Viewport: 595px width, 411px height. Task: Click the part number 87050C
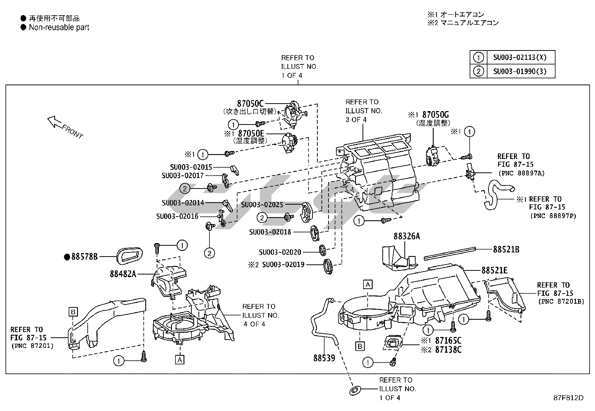250,103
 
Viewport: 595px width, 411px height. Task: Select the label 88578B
84,257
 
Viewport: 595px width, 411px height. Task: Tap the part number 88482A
123,274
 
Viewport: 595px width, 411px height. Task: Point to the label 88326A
407,236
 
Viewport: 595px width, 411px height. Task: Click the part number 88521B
506,249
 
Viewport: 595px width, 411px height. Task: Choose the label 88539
324,358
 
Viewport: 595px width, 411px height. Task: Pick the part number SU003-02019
283,264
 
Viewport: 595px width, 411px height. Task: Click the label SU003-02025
262,205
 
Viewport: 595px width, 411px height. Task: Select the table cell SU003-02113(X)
520,58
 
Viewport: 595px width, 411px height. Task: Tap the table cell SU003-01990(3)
520,71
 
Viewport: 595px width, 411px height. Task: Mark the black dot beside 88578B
67,257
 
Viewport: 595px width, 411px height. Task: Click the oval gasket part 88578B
129,256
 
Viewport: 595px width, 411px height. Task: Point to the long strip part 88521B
450,253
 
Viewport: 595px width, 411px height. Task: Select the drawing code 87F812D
568,398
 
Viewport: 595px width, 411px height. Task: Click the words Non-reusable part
59,27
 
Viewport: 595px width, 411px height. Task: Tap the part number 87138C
448,350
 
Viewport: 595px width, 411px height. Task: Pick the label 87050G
435,114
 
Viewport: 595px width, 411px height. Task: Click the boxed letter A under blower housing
180,360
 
